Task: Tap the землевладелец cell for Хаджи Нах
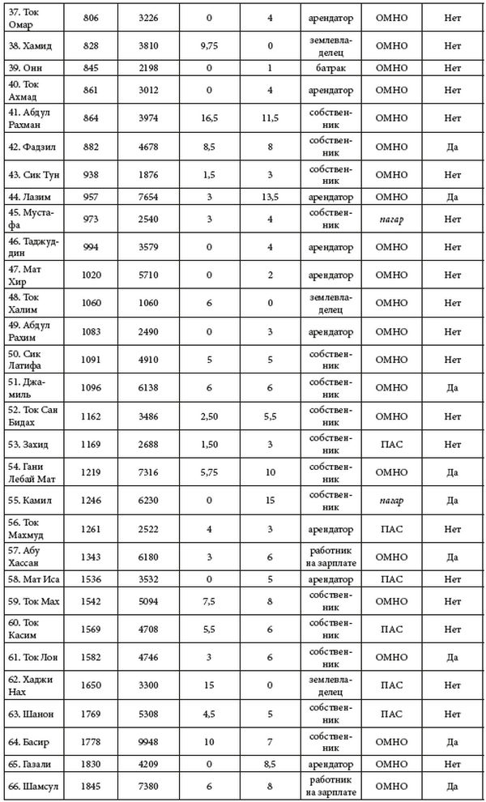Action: pyautogui.click(x=331, y=687)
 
